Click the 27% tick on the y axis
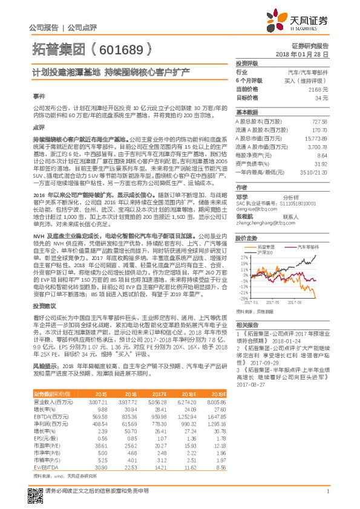[x=241, y=257]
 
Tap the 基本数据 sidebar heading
[x=247, y=112]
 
